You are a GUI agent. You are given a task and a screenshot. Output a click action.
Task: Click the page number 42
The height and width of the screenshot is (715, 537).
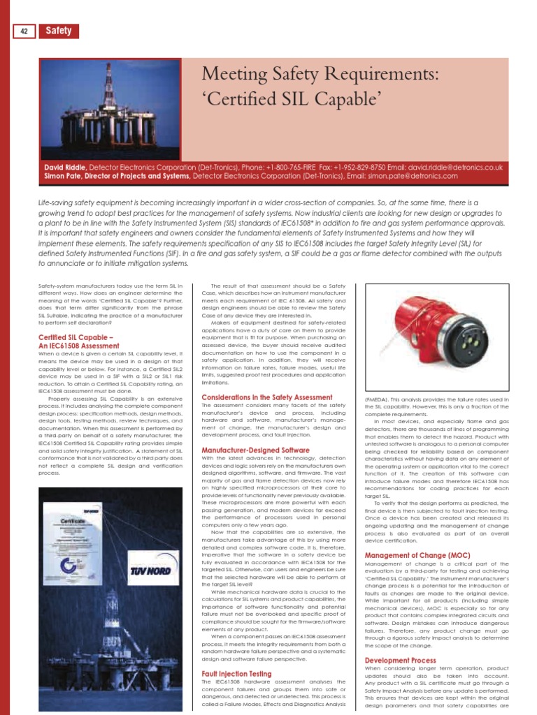tap(24, 31)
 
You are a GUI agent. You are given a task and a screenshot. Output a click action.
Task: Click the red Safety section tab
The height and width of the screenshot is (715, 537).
tap(59, 31)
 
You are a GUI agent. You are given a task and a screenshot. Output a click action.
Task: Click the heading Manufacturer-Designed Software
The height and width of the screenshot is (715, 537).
tap(255, 450)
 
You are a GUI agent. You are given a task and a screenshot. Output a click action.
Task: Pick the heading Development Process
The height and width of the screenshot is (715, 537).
tap(401, 661)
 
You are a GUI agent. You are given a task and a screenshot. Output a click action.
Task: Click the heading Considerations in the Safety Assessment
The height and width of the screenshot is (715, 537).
tap(266, 397)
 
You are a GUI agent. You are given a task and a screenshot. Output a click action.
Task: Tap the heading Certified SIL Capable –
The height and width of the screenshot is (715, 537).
tap(76, 337)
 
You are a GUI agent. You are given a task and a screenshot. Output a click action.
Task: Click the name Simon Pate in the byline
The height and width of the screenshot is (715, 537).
tap(62, 177)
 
